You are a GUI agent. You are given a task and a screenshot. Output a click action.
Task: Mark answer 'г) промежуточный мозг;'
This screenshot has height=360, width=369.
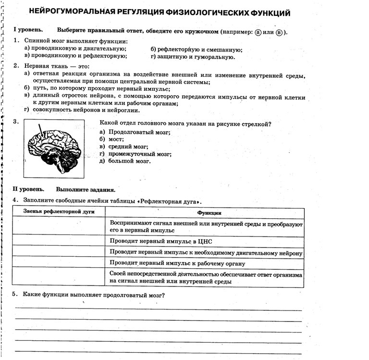(135, 154)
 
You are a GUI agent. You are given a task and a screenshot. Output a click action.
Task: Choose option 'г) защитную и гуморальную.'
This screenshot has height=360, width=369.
(193, 57)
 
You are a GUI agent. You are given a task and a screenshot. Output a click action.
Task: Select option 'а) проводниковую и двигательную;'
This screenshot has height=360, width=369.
(75, 49)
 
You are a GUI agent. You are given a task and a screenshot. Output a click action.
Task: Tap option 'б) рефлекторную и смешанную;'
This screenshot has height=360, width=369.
(196, 50)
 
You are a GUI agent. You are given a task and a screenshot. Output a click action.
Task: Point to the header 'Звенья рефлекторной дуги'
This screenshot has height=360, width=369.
(59, 211)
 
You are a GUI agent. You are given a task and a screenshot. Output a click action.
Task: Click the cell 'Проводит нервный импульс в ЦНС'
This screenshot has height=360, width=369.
(161, 241)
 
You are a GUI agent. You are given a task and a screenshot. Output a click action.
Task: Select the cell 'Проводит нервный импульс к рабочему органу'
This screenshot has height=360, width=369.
(177, 263)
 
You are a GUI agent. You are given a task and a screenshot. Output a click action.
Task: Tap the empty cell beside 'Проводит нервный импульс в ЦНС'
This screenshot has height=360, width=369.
(58, 241)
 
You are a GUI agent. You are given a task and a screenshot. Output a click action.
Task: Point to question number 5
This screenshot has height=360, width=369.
(15, 295)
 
